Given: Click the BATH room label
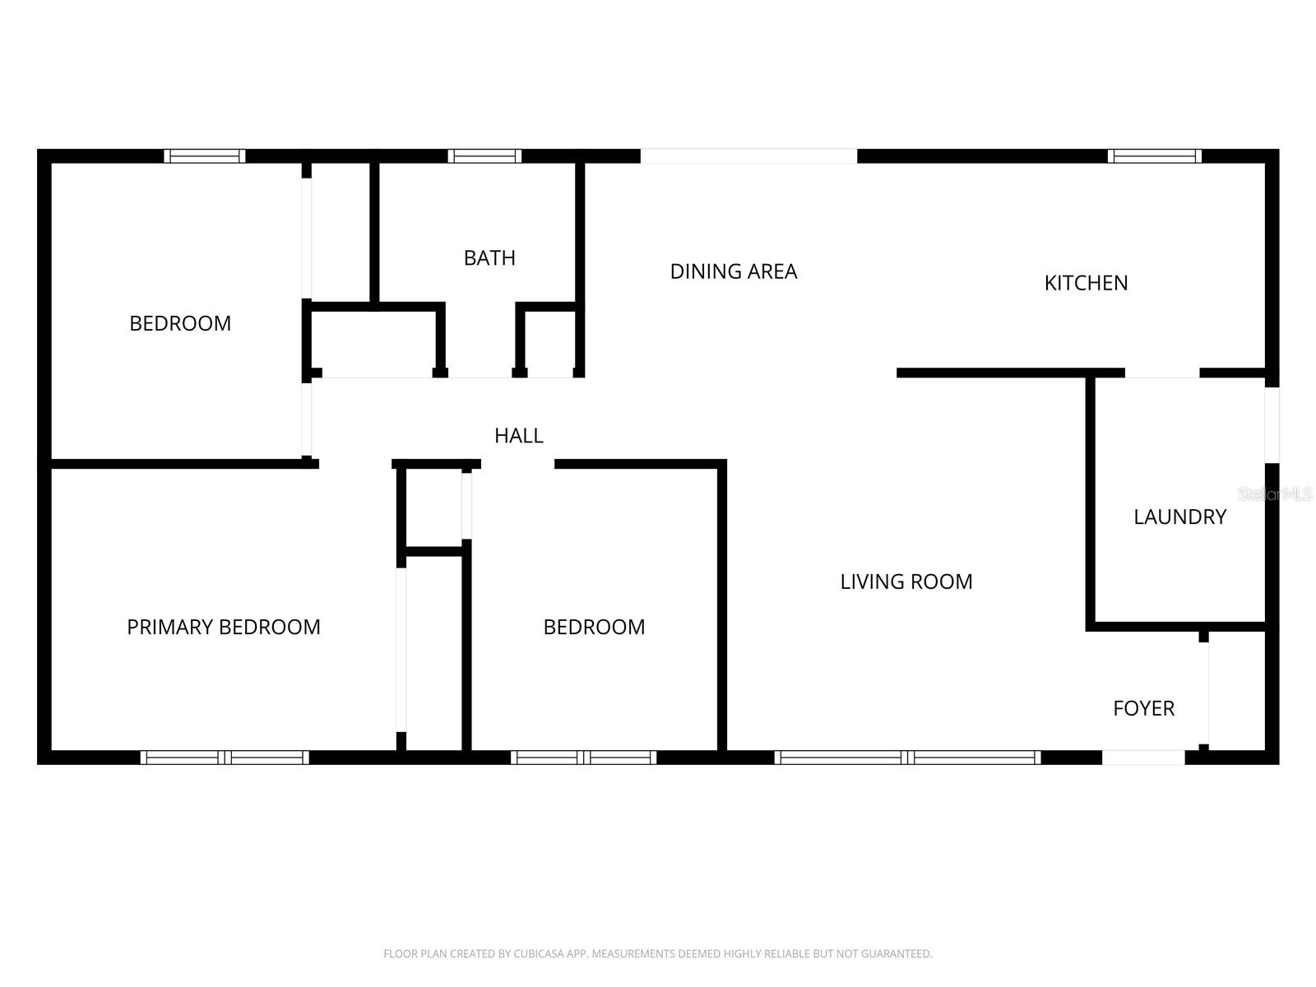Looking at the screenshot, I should coord(489,258).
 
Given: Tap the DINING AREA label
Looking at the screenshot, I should coord(733,271).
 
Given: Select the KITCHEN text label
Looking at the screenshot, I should coord(1086,283).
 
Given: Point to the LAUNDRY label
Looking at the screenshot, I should coord(1179,517).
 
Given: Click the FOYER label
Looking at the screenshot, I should coord(1143,708).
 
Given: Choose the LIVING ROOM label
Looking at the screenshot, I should coord(906,582).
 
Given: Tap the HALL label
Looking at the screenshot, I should coord(518,435).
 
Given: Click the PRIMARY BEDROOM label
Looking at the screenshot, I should coord(223,627).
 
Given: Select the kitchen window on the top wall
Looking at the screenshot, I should coord(1154,156).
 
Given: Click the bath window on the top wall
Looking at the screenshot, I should coord(484,156).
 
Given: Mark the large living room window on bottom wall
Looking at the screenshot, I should coord(907,758).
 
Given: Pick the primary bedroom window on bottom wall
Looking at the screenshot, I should coord(225,758).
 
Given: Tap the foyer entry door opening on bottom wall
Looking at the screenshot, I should coord(1143,758).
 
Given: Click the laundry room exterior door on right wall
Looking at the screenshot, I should coord(1272,424).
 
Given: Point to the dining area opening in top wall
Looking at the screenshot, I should coord(748,156).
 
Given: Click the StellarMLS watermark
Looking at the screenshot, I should coord(1275,494).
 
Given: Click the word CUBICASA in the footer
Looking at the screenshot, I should coord(537,954).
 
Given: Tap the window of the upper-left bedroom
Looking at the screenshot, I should coord(204,156).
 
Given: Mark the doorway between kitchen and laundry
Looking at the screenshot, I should coord(1161,373).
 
